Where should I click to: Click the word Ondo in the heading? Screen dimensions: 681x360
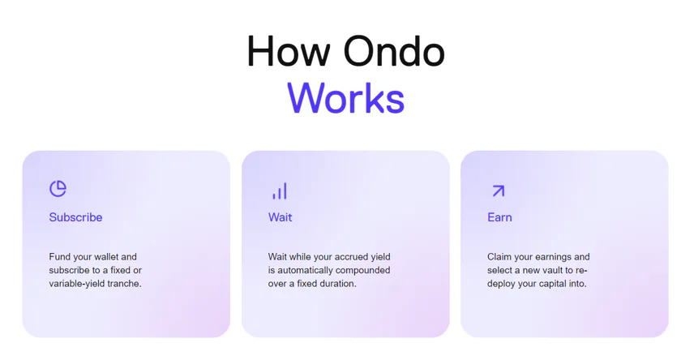click(x=394, y=51)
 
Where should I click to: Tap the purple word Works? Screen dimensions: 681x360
click(x=345, y=98)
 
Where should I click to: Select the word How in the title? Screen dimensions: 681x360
click(x=289, y=51)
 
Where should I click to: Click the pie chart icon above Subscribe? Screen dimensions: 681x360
click(x=58, y=189)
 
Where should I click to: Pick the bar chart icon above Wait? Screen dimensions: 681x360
click(x=280, y=191)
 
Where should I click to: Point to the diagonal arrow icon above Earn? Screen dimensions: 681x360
click(x=498, y=191)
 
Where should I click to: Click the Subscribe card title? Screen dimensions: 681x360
click(x=75, y=217)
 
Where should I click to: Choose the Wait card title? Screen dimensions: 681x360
click(x=281, y=217)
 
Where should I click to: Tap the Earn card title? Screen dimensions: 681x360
click(x=499, y=217)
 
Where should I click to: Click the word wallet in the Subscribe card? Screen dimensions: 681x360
click(x=106, y=257)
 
